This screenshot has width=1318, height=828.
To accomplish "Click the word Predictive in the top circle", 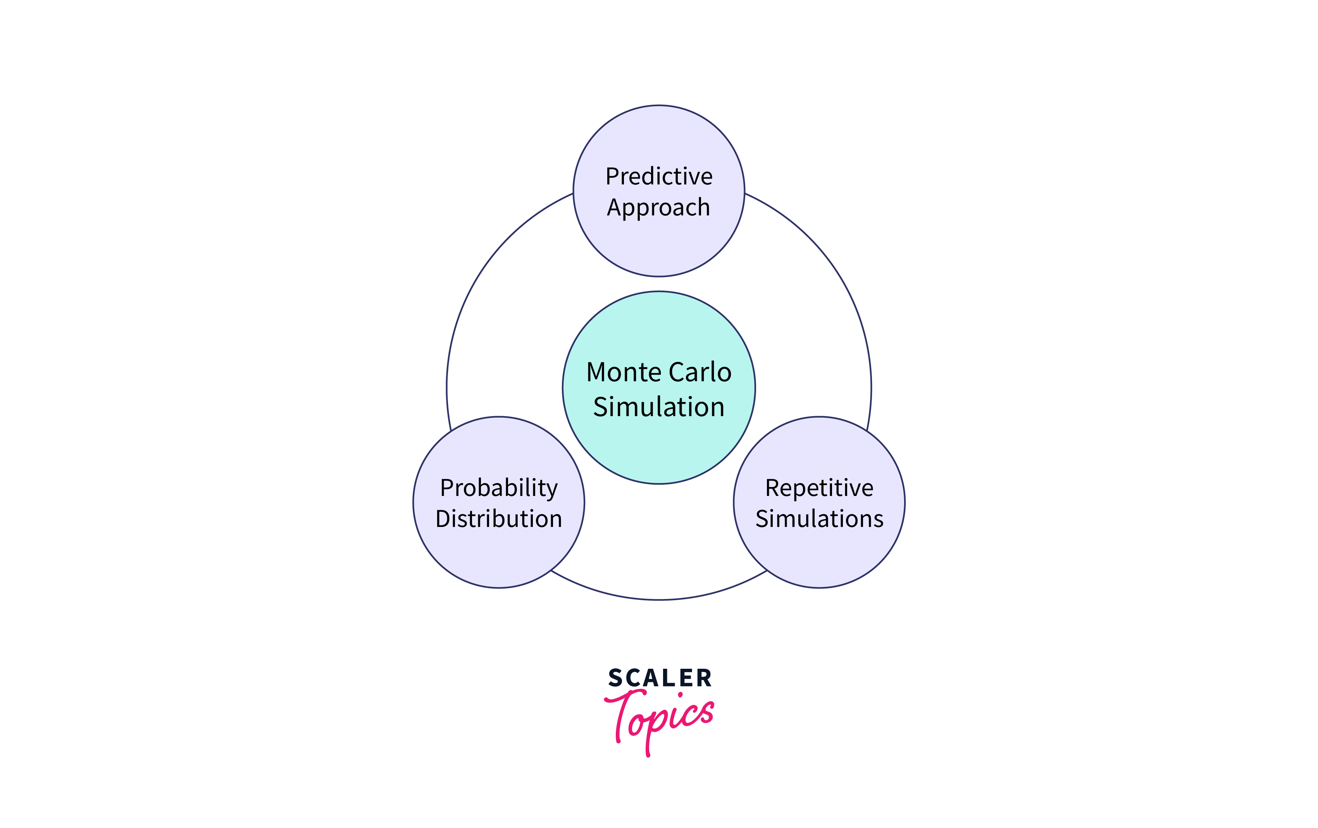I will click(658, 176).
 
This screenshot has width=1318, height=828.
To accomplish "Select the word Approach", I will click(658, 207).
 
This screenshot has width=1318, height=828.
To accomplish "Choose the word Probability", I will click(499, 487).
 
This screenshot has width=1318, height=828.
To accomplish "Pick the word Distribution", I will click(499, 518).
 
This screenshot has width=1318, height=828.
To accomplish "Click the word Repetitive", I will click(819, 487).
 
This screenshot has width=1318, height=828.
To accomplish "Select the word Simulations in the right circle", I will click(819, 518).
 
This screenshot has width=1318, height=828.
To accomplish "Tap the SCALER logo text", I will click(660, 678).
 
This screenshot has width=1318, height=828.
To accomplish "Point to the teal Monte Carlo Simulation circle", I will click(658, 449).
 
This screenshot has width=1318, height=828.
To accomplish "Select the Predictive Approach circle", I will click(658, 246).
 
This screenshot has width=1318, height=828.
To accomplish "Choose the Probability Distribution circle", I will click(499, 558).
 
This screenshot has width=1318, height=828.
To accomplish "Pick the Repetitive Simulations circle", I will click(819, 558).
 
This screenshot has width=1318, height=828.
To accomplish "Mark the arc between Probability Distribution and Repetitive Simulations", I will click(658, 600).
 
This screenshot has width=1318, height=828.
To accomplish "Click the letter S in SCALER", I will click(615, 678).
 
